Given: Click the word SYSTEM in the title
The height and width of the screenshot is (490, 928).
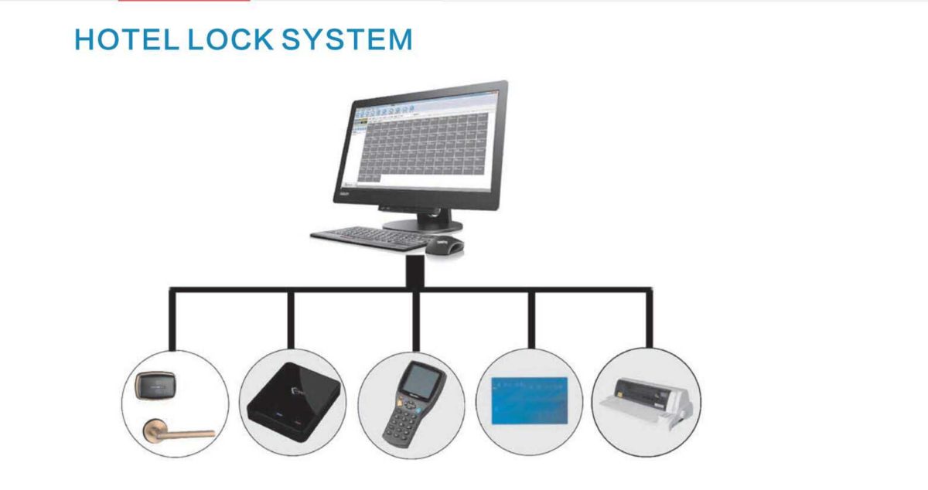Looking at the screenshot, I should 346,39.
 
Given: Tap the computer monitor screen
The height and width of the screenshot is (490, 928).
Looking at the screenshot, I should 421,147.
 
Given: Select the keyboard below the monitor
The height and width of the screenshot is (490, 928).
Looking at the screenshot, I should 370,237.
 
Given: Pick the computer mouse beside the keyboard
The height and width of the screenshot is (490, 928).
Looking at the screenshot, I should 446,245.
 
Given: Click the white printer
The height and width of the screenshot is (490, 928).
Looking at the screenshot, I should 645,402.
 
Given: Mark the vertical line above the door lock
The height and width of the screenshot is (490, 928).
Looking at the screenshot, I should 172,318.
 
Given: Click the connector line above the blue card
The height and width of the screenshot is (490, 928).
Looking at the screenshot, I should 531,318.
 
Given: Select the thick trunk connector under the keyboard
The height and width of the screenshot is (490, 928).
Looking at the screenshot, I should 416,271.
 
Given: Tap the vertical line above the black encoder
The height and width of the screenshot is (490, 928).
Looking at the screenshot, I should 291,318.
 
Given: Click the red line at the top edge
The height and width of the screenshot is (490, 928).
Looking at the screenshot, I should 184,1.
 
